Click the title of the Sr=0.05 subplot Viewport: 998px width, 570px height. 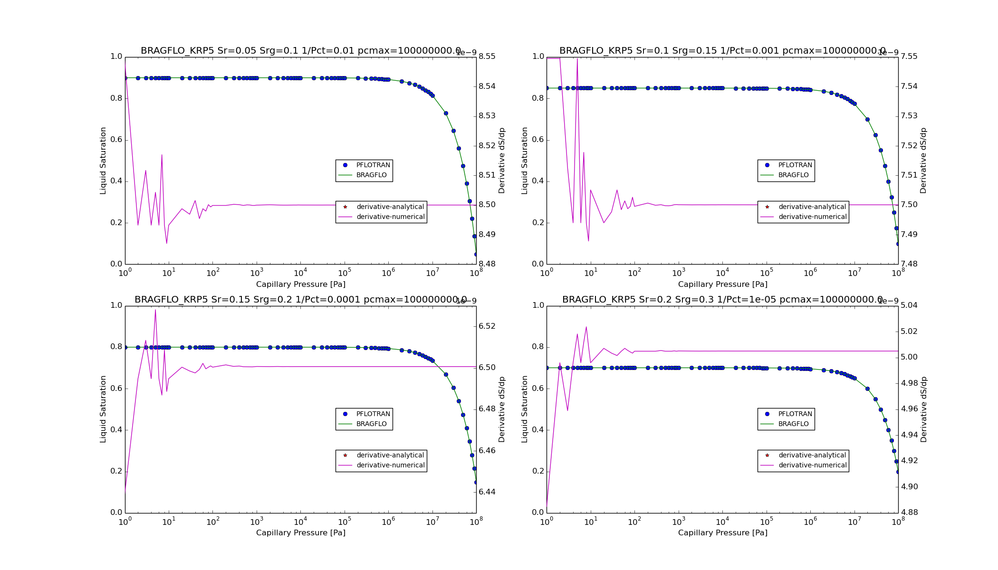click(x=300, y=51)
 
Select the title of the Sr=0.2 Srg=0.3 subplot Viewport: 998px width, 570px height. click(x=722, y=300)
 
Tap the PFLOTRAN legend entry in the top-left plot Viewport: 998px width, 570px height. click(x=373, y=165)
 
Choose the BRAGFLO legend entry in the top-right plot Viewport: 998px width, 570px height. click(x=793, y=175)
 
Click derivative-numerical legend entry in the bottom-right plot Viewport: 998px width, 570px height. click(x=812, y=465)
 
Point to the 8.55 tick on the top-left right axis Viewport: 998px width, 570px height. click(x=487, y=57)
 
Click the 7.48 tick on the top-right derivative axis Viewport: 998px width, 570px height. click(x=909, y=264)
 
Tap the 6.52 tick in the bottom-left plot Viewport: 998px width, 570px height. click(x=487, y=326)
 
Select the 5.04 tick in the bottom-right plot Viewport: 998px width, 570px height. click(x=909, y=305)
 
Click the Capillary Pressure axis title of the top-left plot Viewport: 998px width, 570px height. click(x=300, y=285)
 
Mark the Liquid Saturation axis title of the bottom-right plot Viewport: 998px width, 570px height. click(x=525, y=409)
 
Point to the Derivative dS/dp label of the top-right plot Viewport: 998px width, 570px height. click(x=923, y=161)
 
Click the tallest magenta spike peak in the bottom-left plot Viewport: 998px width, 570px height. click(x=155, y=310)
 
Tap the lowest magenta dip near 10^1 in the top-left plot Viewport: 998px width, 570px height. click(x=166, y=243)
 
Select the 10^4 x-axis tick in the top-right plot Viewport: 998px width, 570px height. click(x=722, y=273)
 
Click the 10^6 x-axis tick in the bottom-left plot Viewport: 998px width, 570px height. click(x=388, y=522)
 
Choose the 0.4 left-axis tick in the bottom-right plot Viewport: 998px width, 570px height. click(x=538, y=430)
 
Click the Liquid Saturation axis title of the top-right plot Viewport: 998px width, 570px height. click(x=525, y=161)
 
